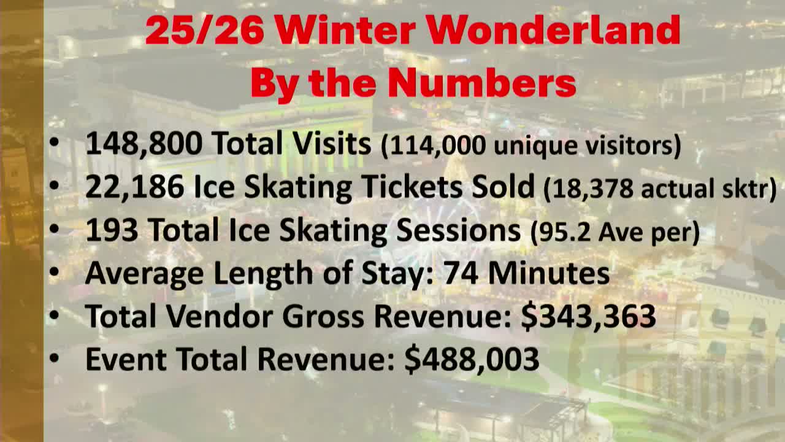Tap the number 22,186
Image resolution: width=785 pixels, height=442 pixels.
[x=134, y=187]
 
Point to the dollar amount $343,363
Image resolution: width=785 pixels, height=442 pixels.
[x=588, y=316]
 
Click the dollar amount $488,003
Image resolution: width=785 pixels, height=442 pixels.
[x=472, y=359]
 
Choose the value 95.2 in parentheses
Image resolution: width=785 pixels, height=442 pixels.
[x=562, y=232]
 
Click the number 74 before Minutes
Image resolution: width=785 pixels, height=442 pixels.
[x=461, y=273]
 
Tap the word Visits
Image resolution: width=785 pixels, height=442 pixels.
[x=331, y=144]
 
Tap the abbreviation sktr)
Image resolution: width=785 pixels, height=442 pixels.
[x=751, y=188]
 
